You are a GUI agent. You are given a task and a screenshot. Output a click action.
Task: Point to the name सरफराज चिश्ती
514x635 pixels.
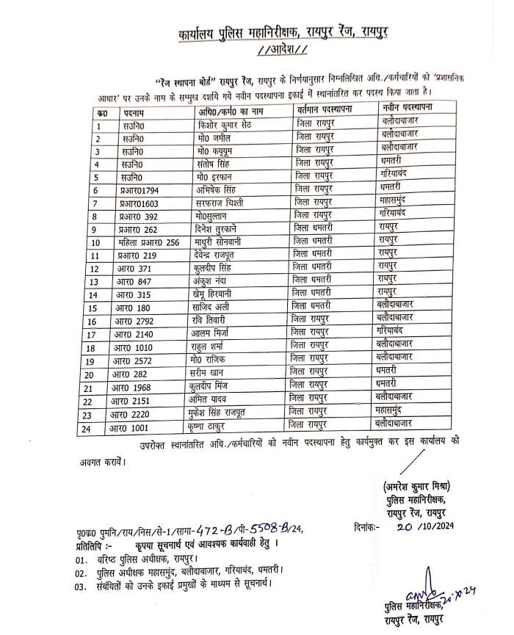[x=221, y=202]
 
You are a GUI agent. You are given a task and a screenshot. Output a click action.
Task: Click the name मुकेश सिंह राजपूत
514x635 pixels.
[x=231, y=413]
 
